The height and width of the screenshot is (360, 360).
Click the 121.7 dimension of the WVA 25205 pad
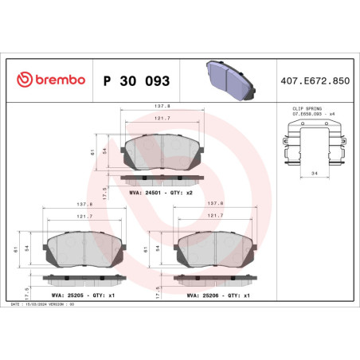click(81, 215)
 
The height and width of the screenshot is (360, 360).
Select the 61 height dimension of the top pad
click(93, 151)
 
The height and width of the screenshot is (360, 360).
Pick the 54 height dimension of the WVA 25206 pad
click(158, 248)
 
